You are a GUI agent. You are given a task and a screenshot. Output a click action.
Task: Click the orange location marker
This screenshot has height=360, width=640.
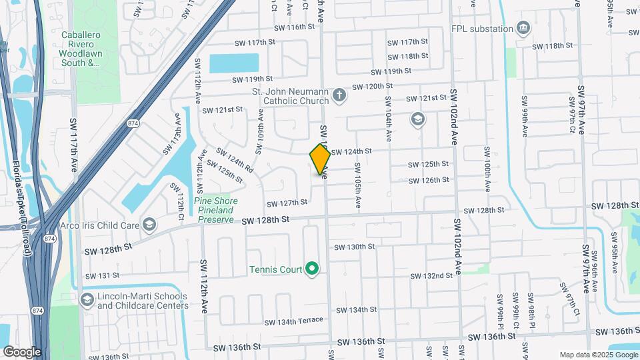(320, 159)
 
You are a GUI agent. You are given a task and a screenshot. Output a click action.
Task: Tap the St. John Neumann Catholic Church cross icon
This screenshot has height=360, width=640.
(339, 94)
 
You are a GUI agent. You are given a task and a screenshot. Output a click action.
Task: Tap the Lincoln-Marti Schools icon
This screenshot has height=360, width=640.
(86, 299)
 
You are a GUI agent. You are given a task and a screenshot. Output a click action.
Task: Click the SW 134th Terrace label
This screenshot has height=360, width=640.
(293, 322)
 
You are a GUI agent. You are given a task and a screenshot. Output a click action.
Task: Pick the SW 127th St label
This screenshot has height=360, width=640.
(287, 202)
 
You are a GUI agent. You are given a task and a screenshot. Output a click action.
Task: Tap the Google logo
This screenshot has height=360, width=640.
(22, 351)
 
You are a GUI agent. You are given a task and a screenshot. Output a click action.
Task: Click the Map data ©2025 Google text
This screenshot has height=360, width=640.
(597, 355)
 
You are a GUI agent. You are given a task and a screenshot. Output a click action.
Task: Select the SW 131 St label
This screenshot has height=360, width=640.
(103, 275)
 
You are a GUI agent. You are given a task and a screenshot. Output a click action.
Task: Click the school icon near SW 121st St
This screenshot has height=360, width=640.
(418, 119)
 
